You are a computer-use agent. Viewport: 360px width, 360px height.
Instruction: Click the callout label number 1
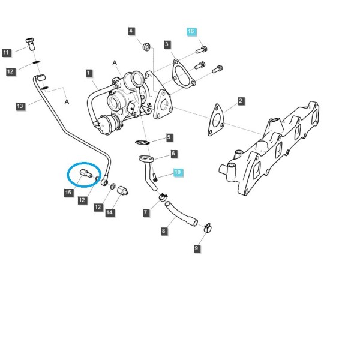[x=89, y=73]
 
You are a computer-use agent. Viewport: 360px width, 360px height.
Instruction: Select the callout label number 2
[x=241, y=101]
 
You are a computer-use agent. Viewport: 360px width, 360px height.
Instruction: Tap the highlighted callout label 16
[x=191, y=31]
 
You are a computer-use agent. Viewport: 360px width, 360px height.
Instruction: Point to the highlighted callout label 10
[x=178, y=172]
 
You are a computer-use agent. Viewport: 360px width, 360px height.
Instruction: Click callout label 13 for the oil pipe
[x=20, y=106]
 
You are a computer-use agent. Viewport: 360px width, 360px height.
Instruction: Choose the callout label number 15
[x=68, y=192]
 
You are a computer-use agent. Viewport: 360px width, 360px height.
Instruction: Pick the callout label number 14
[x=110, y=212]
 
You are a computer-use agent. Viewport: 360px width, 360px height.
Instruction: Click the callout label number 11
[x=7, y=53]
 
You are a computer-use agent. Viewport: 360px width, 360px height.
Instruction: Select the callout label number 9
[x=197, y=248]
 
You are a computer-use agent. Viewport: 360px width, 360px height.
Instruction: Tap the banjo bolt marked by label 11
[x=30, y=44]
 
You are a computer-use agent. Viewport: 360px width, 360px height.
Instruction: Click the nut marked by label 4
[x=146, y=47]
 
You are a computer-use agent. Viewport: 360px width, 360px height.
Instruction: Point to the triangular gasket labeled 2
[x=216, y=120]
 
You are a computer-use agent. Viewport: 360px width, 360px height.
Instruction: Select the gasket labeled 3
[x=184, y=74]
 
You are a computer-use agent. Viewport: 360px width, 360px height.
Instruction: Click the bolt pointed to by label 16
[x=202, y=50]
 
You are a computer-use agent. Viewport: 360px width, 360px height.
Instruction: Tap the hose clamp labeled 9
[x=208, y=227]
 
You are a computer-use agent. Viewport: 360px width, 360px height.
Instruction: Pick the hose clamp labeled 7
[x=163, y=197]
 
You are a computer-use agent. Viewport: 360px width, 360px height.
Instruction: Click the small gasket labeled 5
[x=142, y=143]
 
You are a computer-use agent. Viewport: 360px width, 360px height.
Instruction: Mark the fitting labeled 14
[x=123, y=191]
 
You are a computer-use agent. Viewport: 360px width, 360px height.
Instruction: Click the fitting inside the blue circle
[x=86, y=173]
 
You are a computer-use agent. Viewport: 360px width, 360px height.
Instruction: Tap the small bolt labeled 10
[x=155, y=177]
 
